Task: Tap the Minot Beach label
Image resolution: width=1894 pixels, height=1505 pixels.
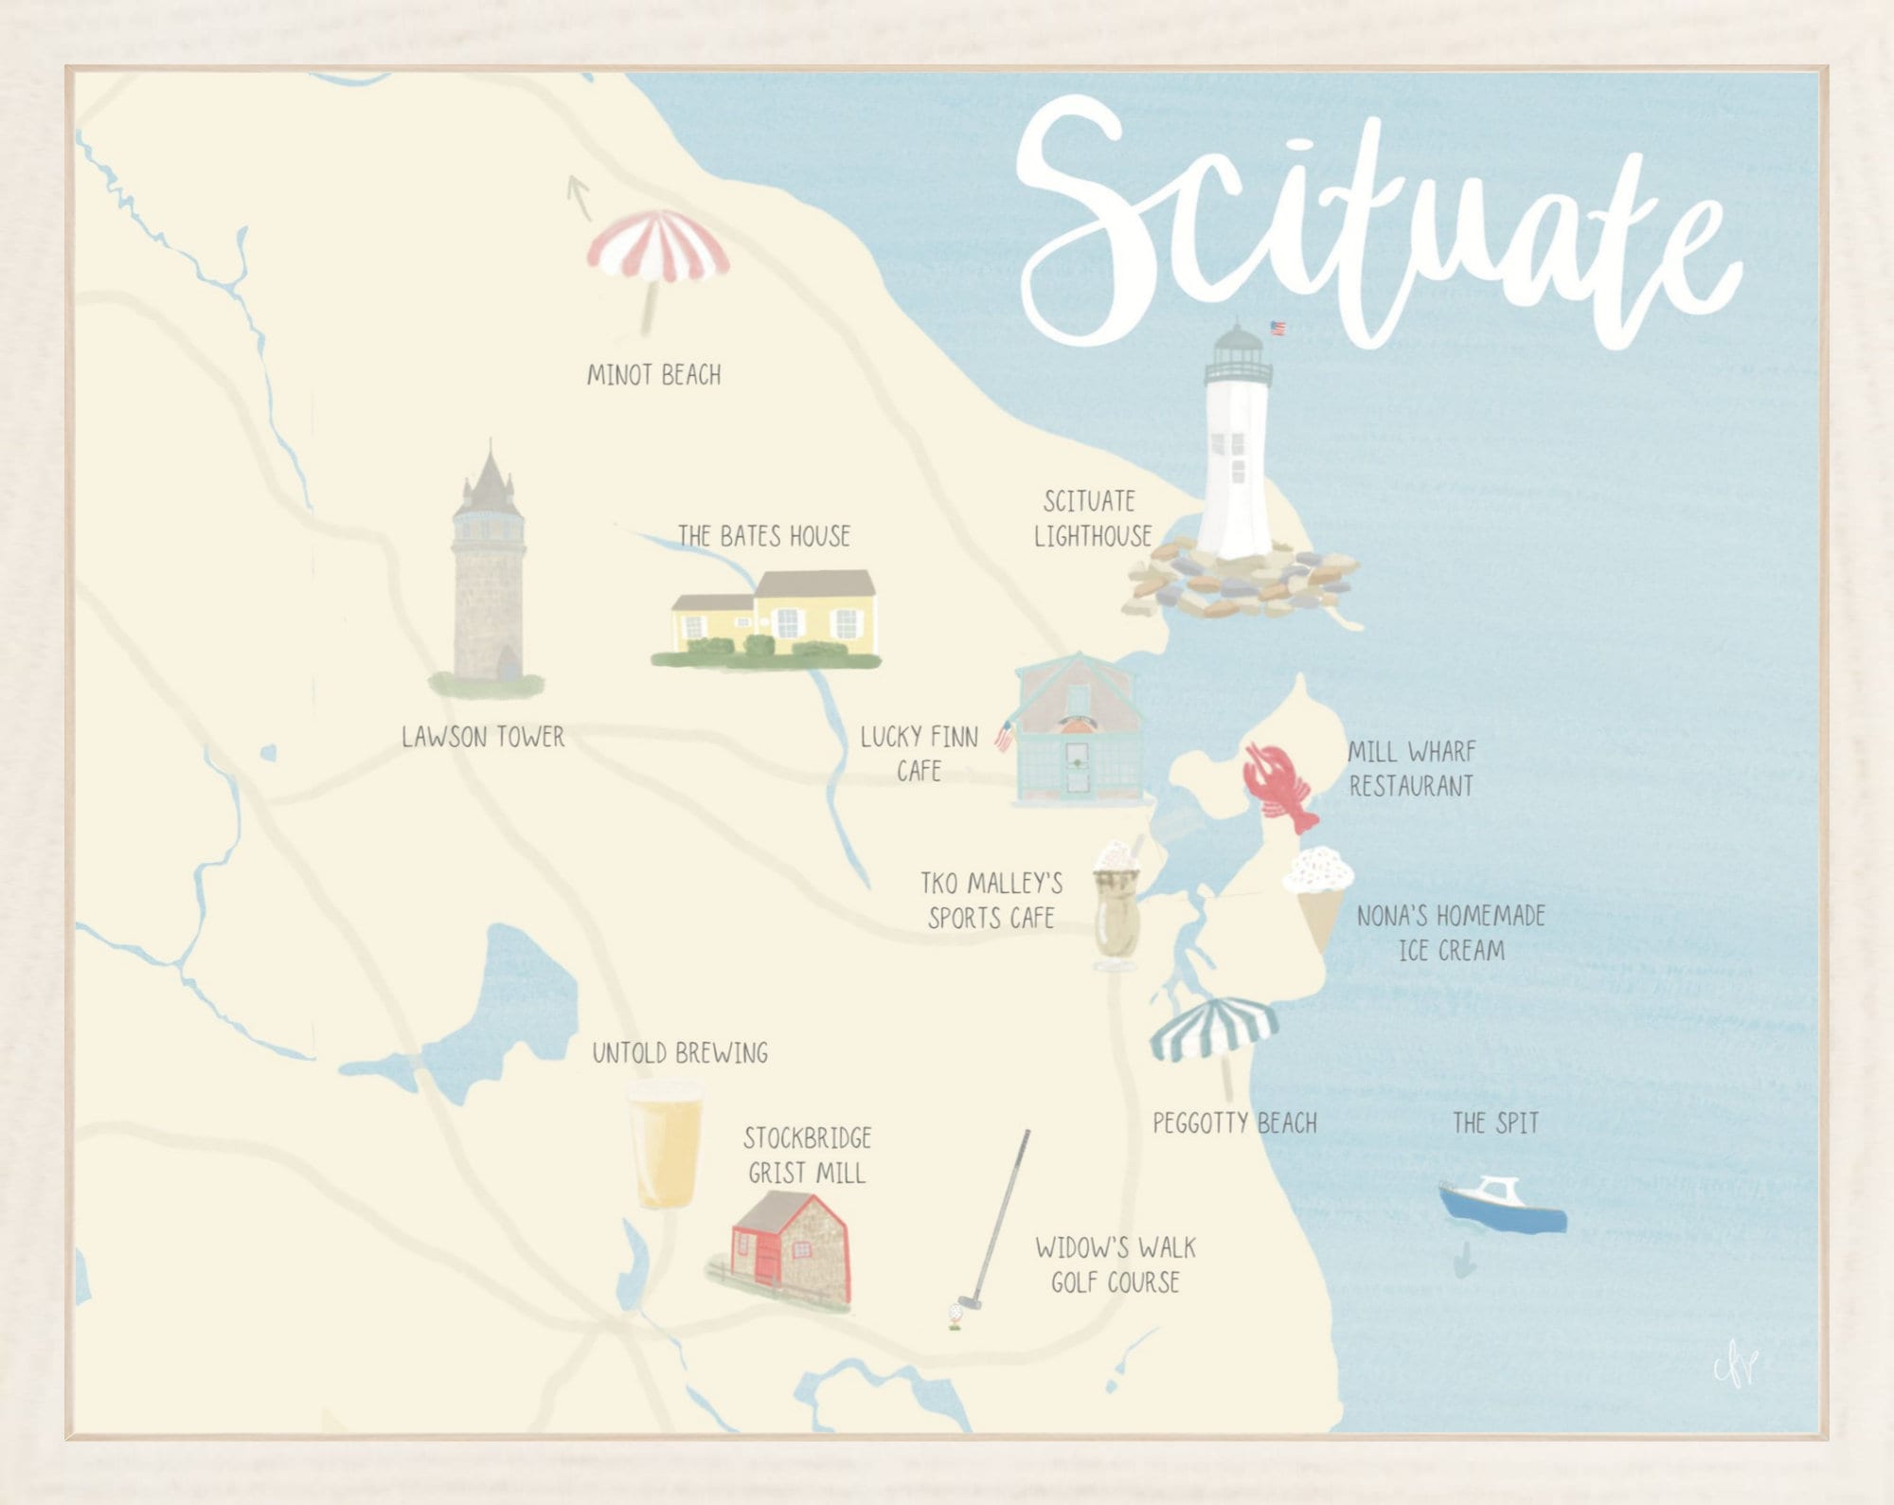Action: click(x=653, y=375)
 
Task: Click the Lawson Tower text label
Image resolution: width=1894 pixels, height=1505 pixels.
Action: click(x=482, y=737)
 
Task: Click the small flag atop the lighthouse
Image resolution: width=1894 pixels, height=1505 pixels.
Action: click(x=1278, y=329)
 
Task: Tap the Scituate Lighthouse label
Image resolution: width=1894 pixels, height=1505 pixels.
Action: click(x=1092, y=519)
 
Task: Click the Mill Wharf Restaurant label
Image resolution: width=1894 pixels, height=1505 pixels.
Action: click(x=1411, y=769)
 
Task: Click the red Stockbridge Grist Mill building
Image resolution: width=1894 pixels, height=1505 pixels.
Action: click(x=792, y=1246)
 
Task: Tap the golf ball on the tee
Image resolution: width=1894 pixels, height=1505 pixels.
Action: click(x=956, y=1313)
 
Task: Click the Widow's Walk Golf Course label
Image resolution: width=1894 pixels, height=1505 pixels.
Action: click(x=1116, y=1265)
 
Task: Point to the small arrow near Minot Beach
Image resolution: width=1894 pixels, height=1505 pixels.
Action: click(x=578, y=195)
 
